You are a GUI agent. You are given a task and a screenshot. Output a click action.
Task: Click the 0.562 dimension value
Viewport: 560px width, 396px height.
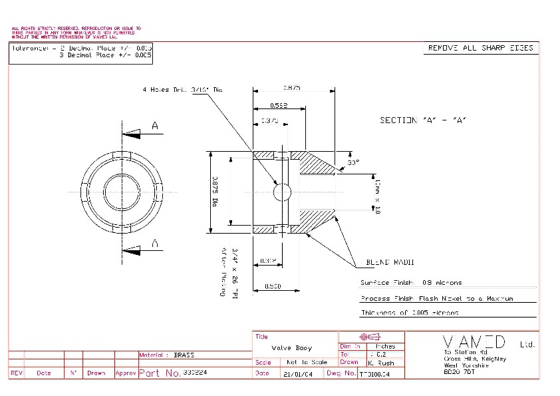point(279,106)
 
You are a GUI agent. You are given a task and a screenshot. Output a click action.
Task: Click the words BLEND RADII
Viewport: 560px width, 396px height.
point(386,262)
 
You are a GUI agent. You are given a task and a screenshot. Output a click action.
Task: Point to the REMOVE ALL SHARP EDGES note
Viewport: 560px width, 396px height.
point(480,48)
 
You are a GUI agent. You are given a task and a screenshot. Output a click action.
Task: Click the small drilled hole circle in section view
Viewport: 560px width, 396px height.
point(283,192)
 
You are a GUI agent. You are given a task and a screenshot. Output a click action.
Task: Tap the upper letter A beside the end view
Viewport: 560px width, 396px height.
point(155,125)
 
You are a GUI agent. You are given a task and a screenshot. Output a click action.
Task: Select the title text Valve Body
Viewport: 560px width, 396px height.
point(292,348)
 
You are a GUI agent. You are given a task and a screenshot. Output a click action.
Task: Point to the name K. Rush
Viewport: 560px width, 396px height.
point(381,363)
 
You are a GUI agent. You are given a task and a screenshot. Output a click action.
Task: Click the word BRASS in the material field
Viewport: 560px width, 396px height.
point(184,355)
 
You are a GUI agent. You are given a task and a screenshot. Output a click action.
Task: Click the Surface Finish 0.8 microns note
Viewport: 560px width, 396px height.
point(410,283)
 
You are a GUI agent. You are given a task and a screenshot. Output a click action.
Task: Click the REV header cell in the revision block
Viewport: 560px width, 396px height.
point(17,373)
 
